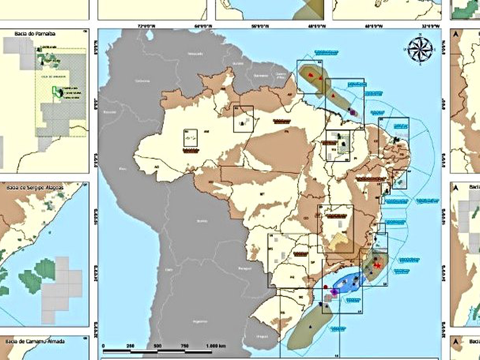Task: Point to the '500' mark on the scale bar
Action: coord(157,346)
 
